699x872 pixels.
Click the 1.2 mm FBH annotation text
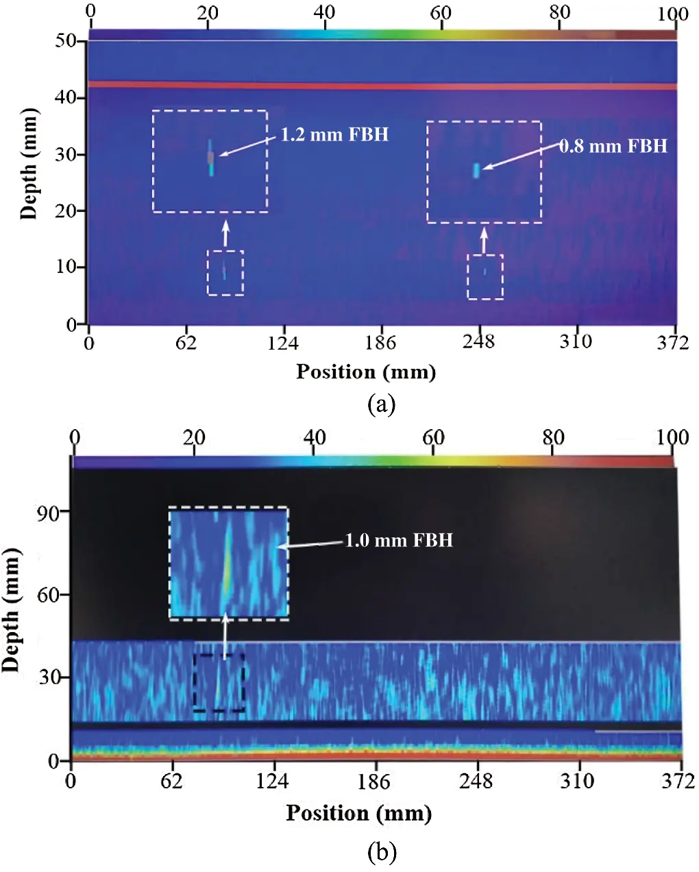[x=334, y=134]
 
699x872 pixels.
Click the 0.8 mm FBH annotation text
[x=613, y=146]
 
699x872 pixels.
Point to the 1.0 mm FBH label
[x=399, y=540]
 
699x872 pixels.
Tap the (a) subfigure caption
[x=382, y=404]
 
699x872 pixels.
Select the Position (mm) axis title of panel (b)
[x=359, y=813]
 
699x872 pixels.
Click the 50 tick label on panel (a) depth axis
[x=66, y=40]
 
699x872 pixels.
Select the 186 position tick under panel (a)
[x=380, y=342]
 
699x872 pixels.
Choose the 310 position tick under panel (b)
[x=577, y=781]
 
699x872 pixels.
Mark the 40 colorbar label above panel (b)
[x=315, y=437]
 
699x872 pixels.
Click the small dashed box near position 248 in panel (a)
[x=485, y=277]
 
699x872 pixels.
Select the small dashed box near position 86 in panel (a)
[x=225, y=273]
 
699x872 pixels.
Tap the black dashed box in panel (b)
[x=219, y=683]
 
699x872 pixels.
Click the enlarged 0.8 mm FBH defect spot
[x=476, y=171]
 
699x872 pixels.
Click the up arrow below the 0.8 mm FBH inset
[x=484, y=239]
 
